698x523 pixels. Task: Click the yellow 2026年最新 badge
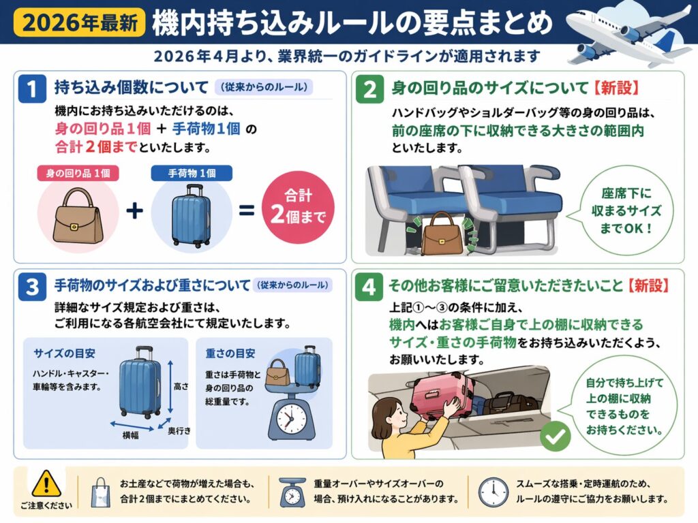tap(80, 22)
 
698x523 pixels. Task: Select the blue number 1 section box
tap(32, 88)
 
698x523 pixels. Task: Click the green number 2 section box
tap(369, 89)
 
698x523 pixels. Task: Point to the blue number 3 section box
tap(32, 287)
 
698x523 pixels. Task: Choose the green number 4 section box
tap(369, 287)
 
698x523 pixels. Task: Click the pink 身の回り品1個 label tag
tap(78, 173)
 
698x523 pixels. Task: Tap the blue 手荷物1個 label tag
tap(192, 173)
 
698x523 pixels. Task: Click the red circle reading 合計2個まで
tap(298, 207)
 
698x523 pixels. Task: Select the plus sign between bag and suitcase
tap(134, 210)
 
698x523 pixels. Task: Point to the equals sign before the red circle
tap(247, 210)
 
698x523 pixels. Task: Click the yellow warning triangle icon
tap(46, 484)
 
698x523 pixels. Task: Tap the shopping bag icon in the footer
tap(101, 493)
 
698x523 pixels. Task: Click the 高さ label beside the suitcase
tap(181, 387)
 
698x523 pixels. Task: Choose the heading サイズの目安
tap(65, 353)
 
